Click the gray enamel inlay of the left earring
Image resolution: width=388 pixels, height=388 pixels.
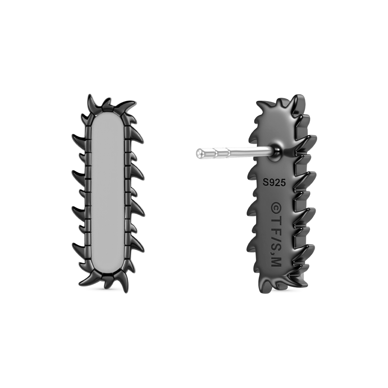(108, 193)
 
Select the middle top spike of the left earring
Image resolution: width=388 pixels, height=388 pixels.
(107, 103)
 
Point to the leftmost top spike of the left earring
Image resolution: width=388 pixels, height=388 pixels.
(92, 102)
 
